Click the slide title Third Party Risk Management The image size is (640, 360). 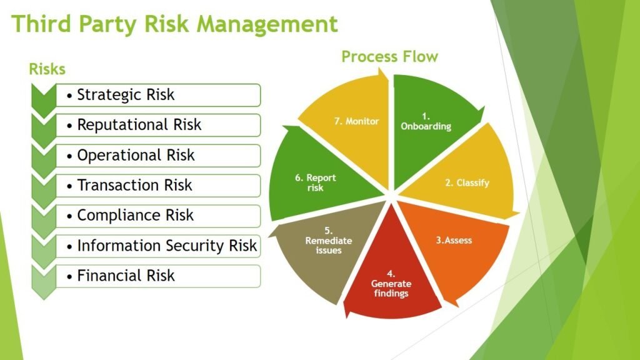point(174,24)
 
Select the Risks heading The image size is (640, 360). point(47,69)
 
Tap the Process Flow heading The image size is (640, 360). point(389,56)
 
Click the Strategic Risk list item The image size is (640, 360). point(158,95)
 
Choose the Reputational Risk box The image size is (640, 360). point(158,125)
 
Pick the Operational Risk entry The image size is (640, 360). point(158,156)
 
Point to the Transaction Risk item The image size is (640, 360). point(158,185)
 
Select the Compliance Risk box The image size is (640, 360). point(158,216)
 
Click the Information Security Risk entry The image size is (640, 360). point(158,246)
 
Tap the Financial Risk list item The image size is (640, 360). point(158,276)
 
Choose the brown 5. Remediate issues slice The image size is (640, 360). point(329,245)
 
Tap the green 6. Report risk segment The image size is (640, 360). point(318,179)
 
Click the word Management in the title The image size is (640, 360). point(267,24)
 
